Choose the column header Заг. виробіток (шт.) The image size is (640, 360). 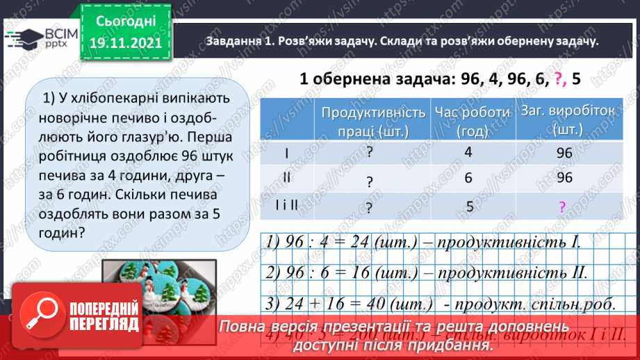click(x=564, y=121)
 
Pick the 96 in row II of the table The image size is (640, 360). click(x=564, y=179)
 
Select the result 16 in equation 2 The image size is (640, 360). click(x=362, y=272)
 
